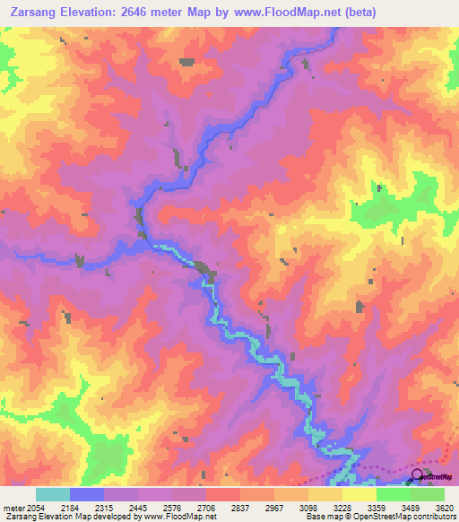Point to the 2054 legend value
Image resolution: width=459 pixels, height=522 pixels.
[36, 508]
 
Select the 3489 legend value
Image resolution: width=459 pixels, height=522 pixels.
[411, 508]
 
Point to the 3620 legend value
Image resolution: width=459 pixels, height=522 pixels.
[444, 508]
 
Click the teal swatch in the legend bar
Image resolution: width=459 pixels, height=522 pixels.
[53, 494]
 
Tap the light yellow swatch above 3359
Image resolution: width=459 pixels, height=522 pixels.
[359, 494]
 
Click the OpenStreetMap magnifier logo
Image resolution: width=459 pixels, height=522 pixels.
[417, 478]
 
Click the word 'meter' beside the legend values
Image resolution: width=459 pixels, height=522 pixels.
[12, 508]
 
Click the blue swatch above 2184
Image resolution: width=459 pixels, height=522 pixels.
[87, 494]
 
